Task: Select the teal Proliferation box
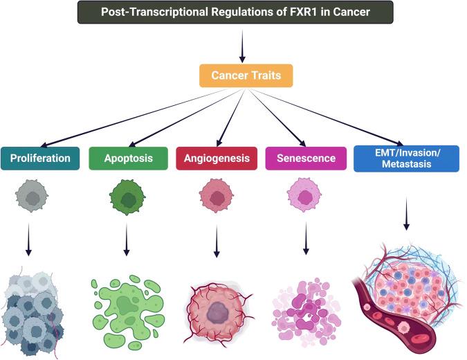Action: pos(40,158)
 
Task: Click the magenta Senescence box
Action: pos(305,158)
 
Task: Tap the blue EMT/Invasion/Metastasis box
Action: pos(406,158)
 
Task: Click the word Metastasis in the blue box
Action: pos(406,165)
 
